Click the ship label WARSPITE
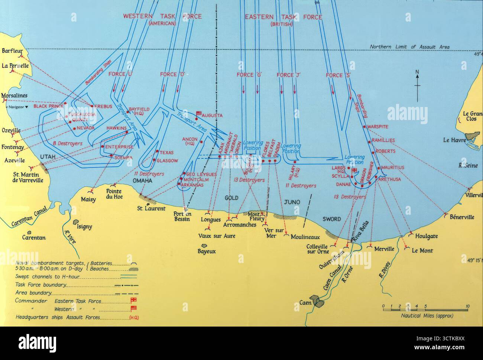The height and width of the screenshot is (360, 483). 378,127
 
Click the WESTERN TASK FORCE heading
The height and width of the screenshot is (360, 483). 162,17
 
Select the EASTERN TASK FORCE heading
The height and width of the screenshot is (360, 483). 284,17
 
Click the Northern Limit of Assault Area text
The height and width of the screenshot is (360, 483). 409,47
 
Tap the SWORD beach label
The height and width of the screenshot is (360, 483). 331,219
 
